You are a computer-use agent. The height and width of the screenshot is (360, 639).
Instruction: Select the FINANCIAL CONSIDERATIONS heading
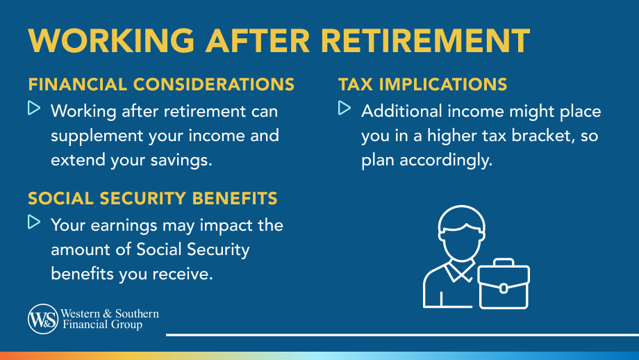coord(161,85)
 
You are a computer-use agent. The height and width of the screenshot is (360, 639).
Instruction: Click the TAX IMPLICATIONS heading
coord(422,85)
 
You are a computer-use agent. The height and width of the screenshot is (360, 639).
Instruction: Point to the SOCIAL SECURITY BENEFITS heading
coord(153,199)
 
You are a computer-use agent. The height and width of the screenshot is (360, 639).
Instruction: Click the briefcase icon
coord(504,286)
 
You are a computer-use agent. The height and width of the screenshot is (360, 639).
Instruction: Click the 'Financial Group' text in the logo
coord(102,325)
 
